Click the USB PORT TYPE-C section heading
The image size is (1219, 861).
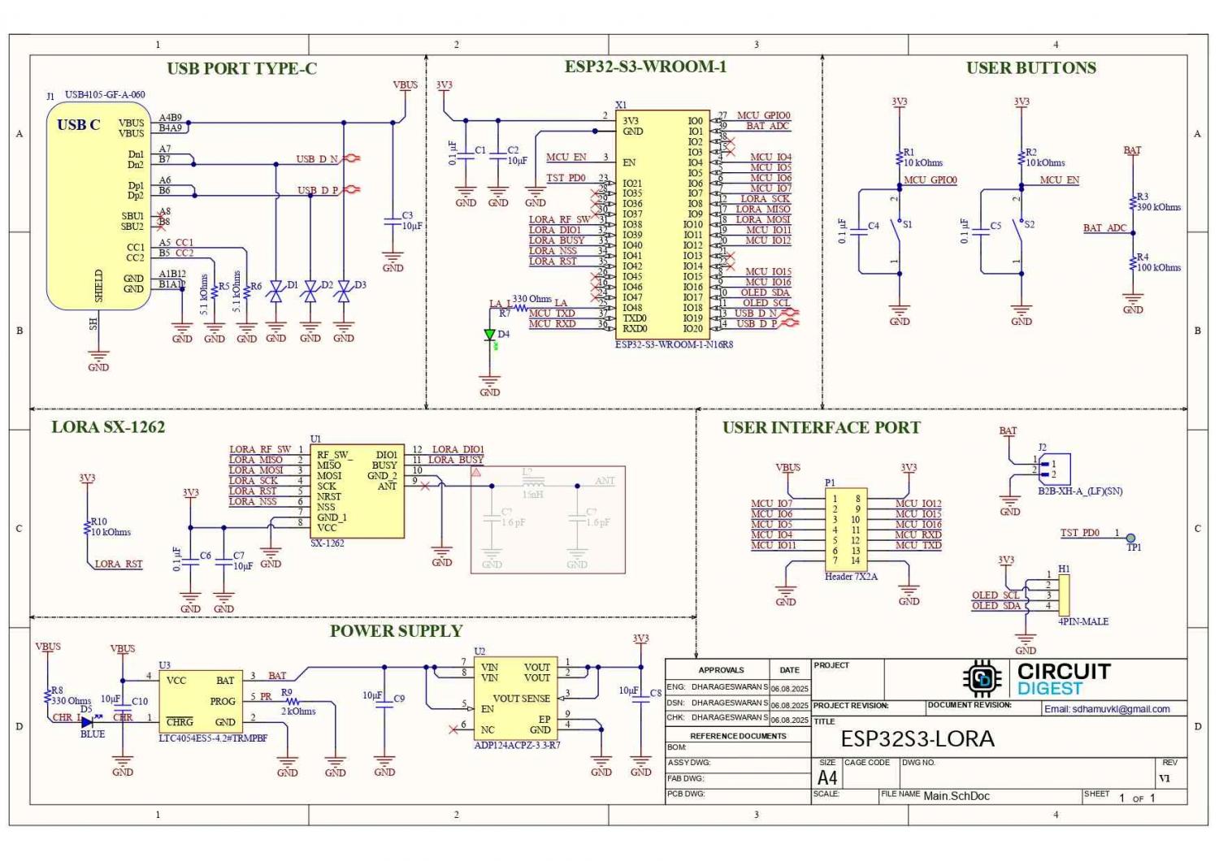point(241,69)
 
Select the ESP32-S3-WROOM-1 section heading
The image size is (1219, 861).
point(645,67)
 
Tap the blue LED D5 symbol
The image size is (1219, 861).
point(87,722)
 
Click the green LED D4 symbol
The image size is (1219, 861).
point(489,335)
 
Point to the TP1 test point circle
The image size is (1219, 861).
point(1130,538)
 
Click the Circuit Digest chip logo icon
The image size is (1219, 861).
point(982,679)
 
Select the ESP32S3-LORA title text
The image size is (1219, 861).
point(918,739)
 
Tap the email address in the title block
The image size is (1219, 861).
point(1107,709)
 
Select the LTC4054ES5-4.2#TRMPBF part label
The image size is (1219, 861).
point(213,738)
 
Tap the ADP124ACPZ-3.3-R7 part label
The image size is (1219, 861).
point(517,745)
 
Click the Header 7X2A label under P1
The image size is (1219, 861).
point(851,577)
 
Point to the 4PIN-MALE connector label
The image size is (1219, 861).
point(1083,621)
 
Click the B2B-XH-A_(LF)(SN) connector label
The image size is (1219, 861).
point(1080,491)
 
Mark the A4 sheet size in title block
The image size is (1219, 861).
point(826,777)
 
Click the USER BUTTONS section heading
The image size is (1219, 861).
point(1030,68)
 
